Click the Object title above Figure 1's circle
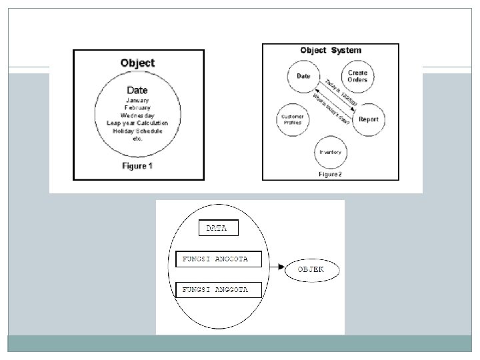pos(137,63)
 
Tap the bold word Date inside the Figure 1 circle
pos(137,90)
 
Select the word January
pos(137,100)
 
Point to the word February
pos(137,107)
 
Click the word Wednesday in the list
pos(137,115)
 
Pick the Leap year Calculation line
pos(137,123)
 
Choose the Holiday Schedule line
pos(137,131)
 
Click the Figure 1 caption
pos(137,165)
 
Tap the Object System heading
pos(331,51)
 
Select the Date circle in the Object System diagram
pos(303,76)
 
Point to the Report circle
pos(368,119)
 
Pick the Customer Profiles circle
pos(293,120)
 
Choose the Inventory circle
pos(331,153)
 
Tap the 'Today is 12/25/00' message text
pos(341,94)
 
